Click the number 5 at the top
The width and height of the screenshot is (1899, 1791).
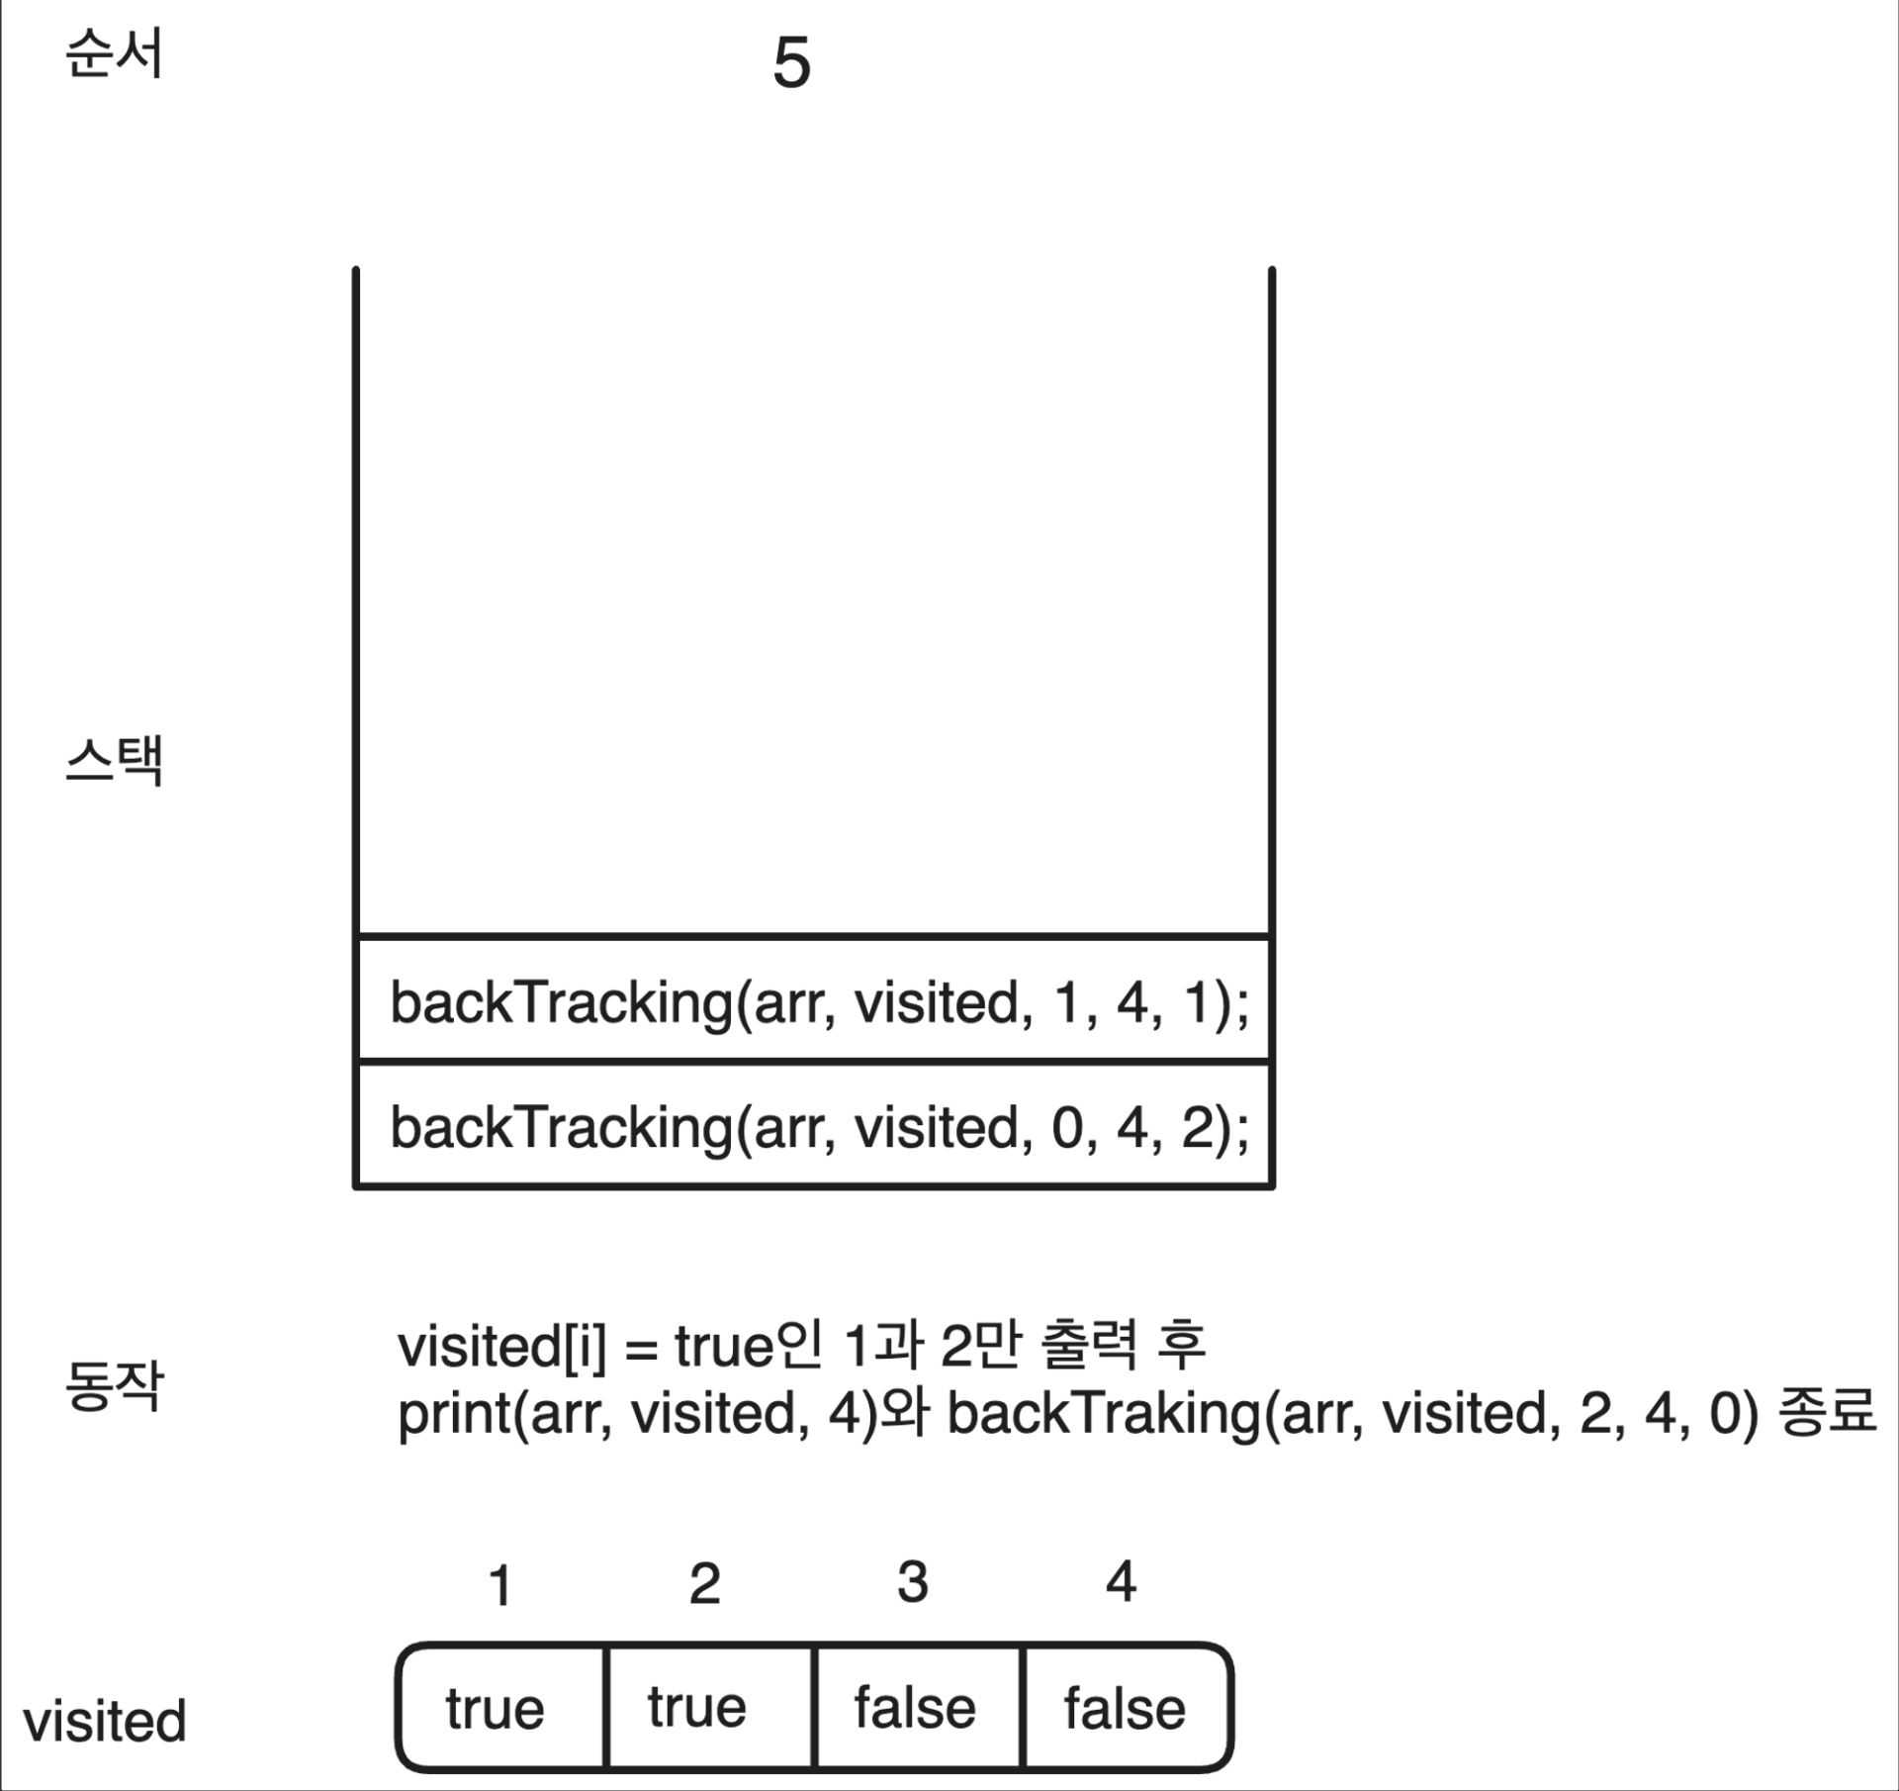coord(791,63)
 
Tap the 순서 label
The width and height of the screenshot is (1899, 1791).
coord(114,54)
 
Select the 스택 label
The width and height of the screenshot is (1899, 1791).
coord(114,760)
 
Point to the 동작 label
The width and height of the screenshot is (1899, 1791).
coord(114,1385)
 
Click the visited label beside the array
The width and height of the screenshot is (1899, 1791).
coord(105,1721)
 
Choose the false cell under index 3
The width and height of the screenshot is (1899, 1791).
coord(915,1708)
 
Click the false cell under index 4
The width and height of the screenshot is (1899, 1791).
coord(1125,1708)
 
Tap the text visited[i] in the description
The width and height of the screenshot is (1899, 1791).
coord(502,1347)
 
